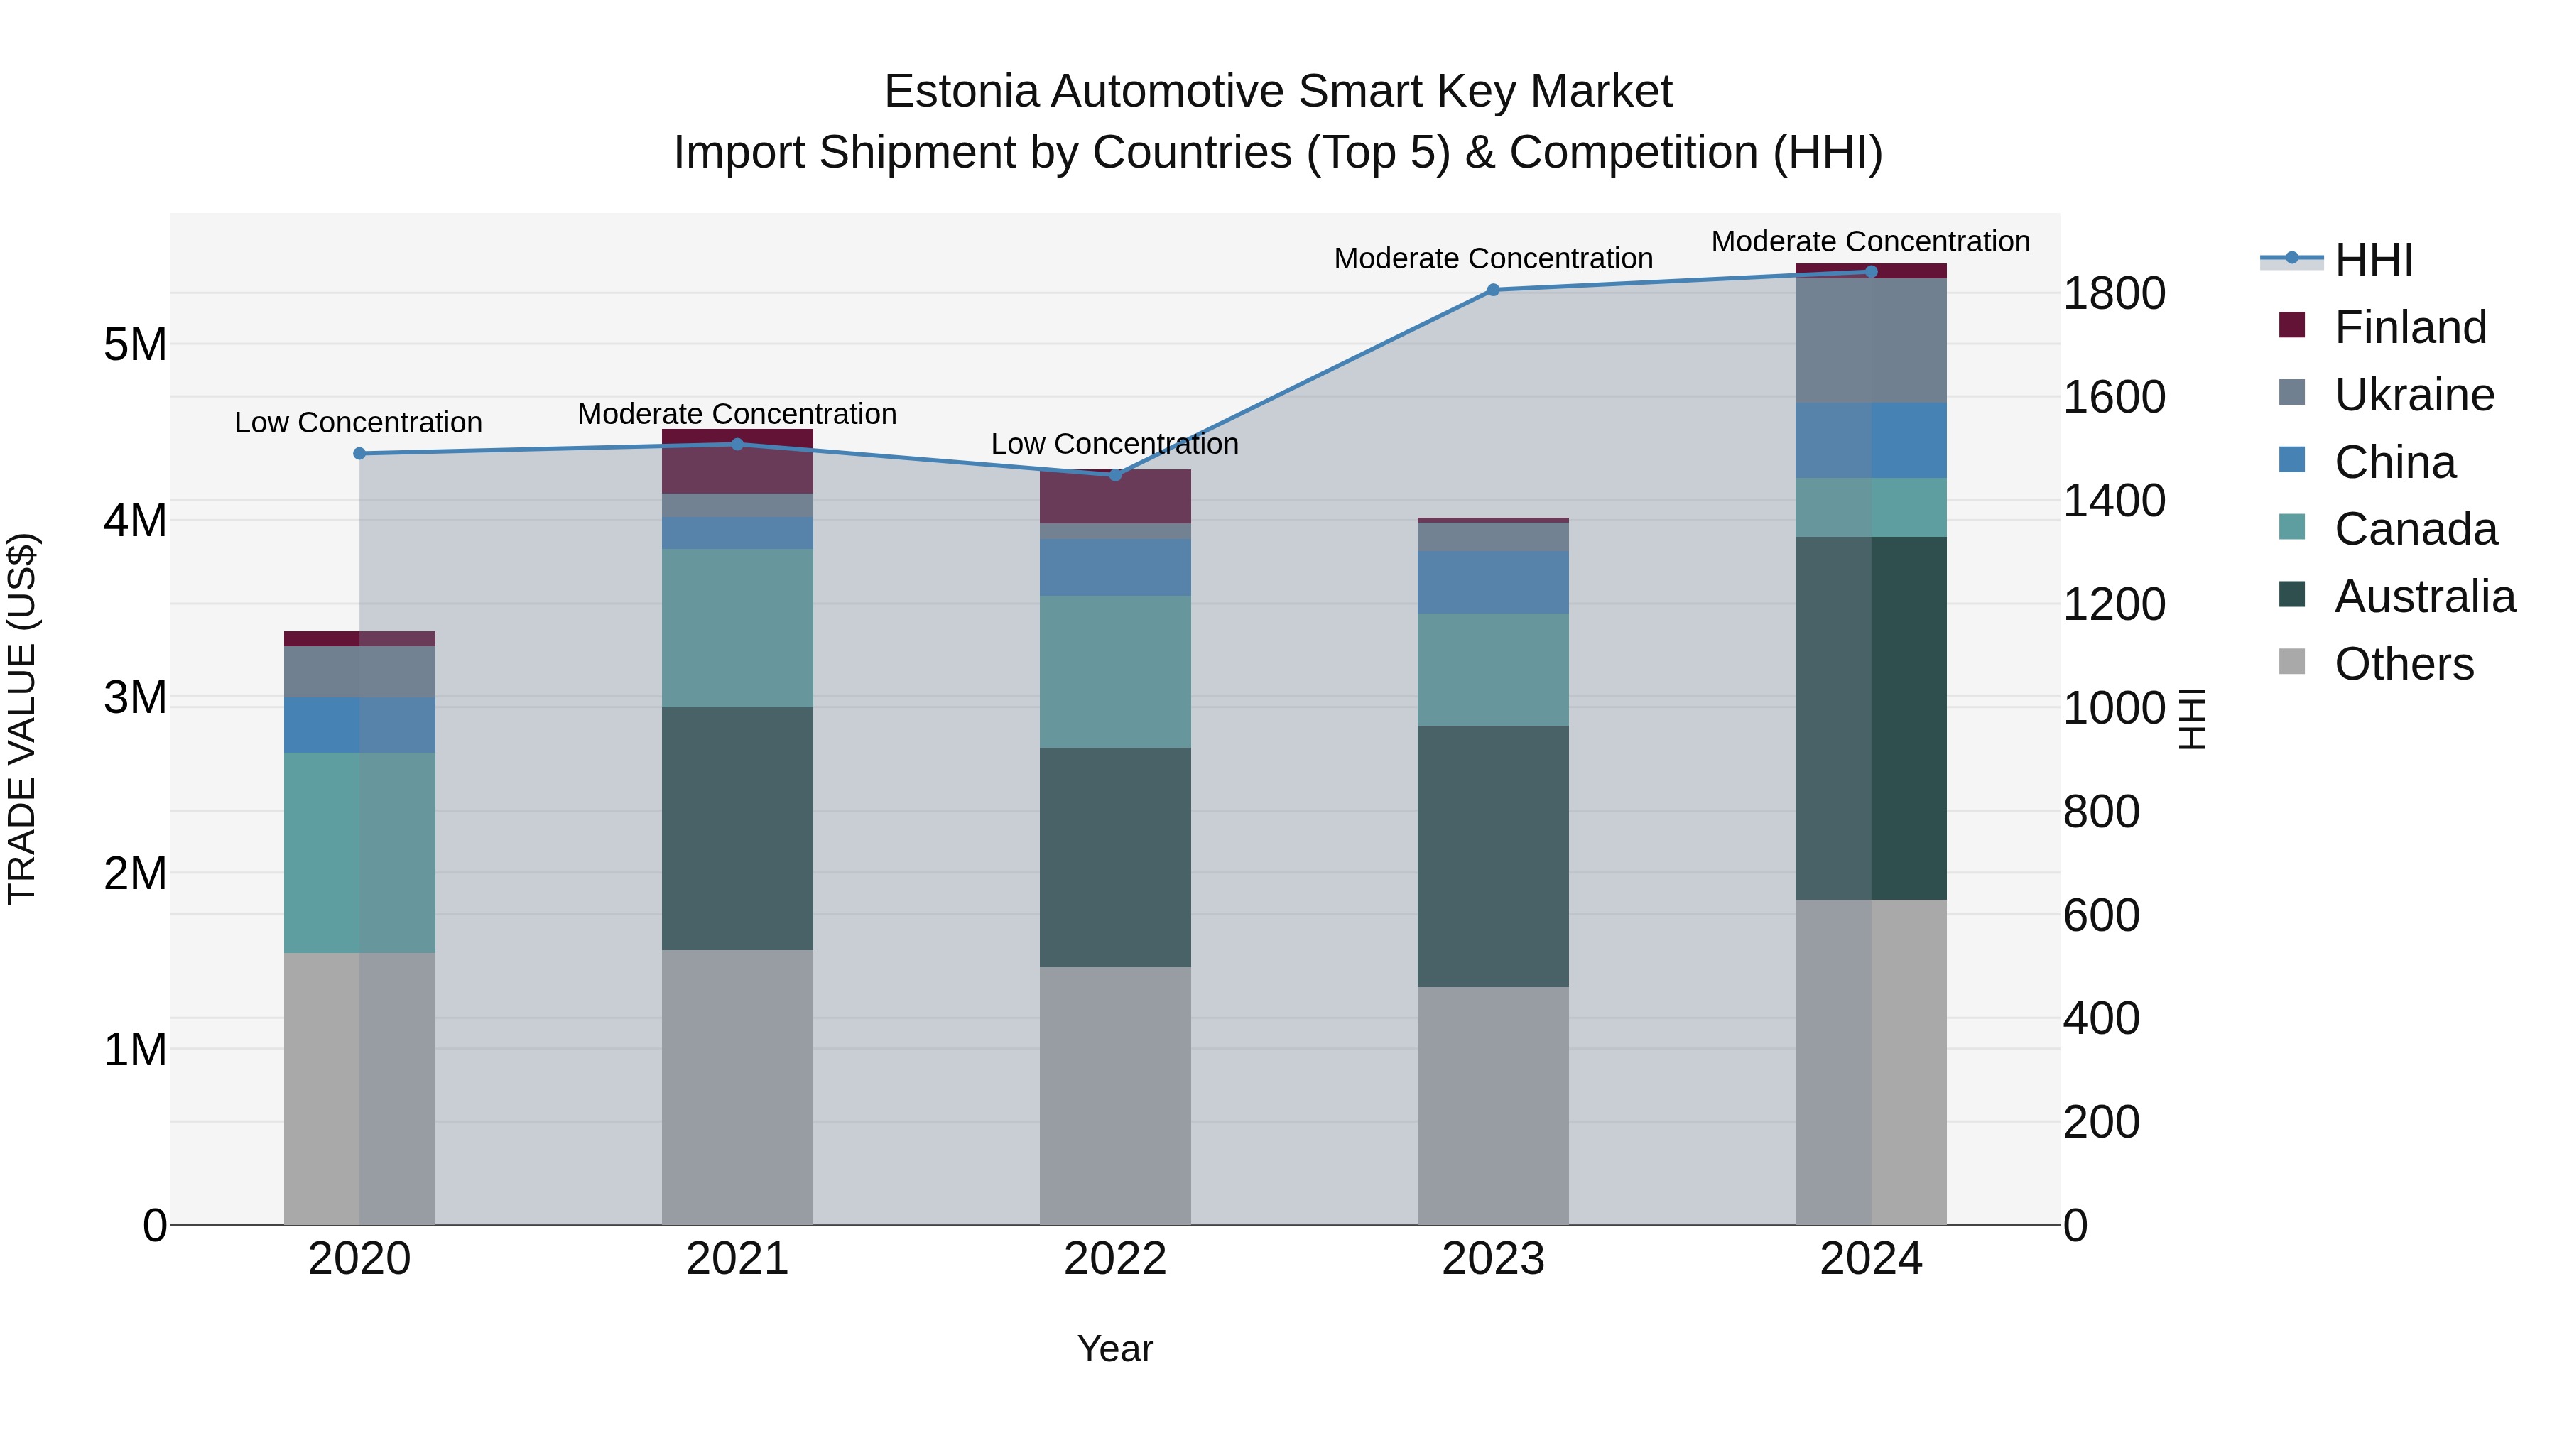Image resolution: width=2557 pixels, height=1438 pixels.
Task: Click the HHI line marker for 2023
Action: (1493, 290)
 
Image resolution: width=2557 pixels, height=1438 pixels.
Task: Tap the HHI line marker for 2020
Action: (359, 454)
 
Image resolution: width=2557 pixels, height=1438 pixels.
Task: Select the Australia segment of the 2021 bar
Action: (737, 829)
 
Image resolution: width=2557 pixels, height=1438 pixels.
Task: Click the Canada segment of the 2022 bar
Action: (1114, 672)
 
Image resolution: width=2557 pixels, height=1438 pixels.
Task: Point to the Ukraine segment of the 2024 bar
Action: (1870, 340)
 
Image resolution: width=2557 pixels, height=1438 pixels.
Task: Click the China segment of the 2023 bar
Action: (1493, 582)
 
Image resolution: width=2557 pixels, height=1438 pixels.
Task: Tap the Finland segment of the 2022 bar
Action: (1114, 497)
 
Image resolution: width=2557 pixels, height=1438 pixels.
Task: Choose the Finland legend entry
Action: (2410, 327)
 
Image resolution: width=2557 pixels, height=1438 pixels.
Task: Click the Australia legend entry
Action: (2424, 597)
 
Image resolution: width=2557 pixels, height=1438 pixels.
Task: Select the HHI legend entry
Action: (2373, 260)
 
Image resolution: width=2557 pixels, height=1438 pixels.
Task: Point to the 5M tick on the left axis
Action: (135, 345)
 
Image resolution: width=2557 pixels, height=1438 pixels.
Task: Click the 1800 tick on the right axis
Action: (2114, 294)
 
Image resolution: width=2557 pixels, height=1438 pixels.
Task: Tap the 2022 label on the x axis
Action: (1114, 1259)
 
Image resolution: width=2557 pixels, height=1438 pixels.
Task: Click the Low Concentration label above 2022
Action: (1114, 444)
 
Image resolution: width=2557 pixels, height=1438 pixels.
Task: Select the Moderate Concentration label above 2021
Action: (737, 414)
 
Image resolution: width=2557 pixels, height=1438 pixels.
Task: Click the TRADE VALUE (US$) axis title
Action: (22, 719)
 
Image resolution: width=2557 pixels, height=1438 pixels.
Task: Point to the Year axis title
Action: (1114, 1349)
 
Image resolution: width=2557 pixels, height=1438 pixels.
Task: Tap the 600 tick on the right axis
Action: (2102, 915)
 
